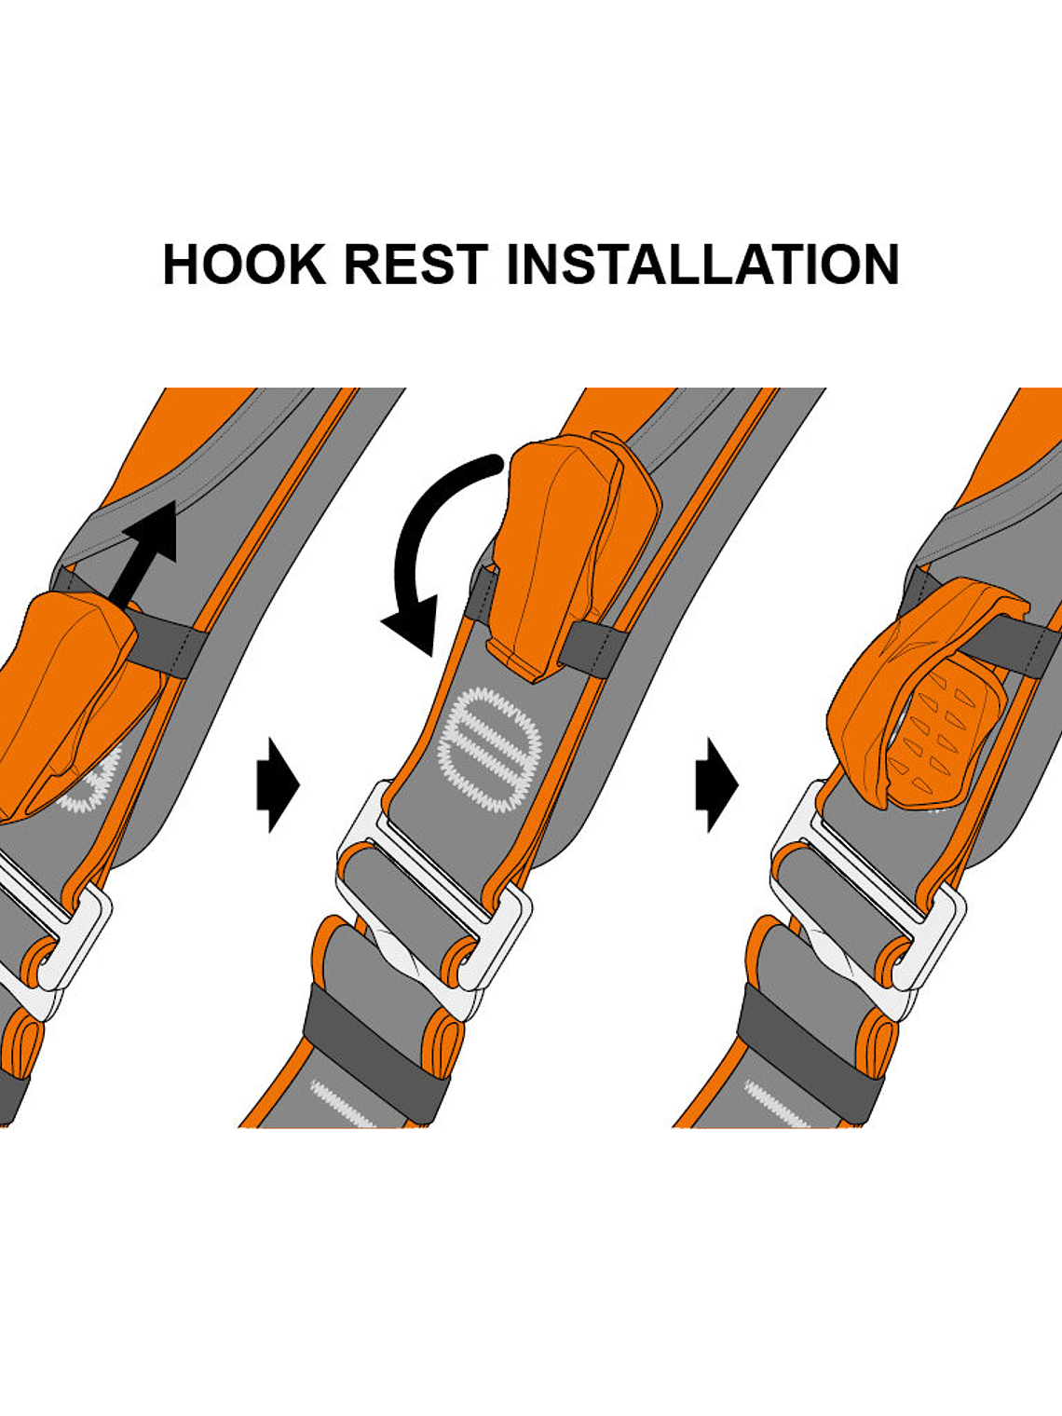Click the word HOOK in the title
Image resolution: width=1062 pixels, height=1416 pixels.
(x=244, y=265)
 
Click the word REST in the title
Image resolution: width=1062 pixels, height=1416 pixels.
(x=415, y=265)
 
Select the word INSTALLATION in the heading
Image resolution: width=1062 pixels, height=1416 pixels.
(x=702, y=265)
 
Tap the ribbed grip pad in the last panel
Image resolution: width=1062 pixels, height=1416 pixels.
(x=941, y=736)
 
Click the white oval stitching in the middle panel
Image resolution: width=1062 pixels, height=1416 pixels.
(x=490, y=751)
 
